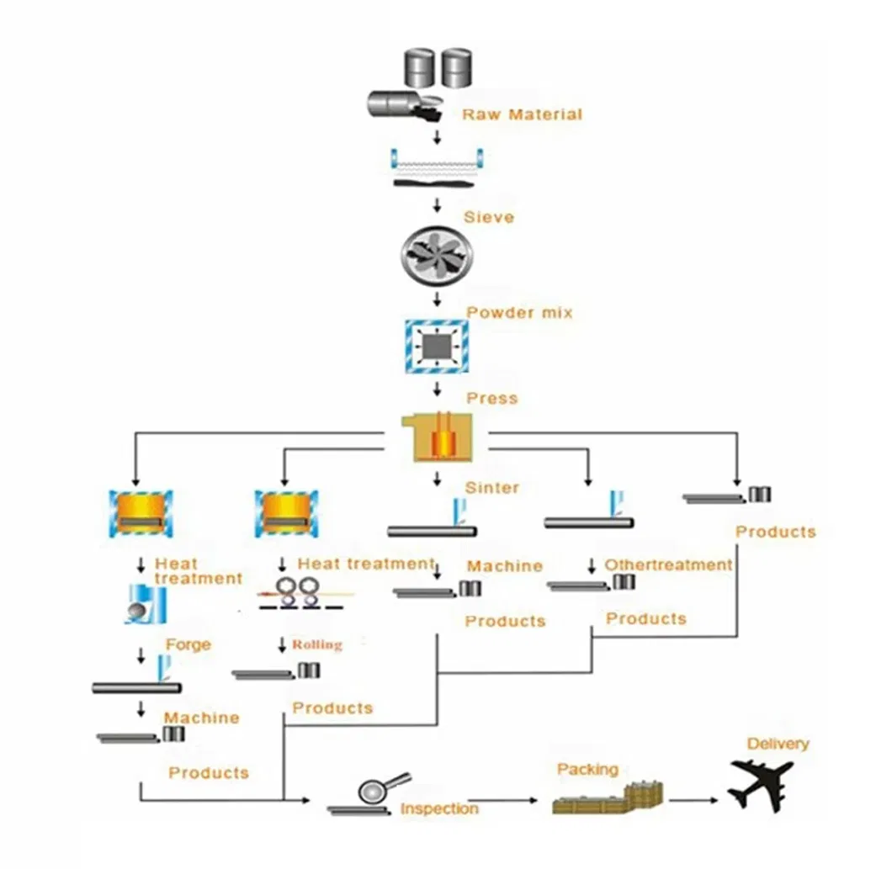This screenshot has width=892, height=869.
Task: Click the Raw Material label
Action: [521, 114]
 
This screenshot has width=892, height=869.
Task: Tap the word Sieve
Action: [488, 217]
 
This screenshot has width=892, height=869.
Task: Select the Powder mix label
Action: [519, 312]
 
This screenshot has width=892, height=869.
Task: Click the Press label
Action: [491, 398]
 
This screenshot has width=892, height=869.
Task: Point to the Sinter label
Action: [491, 487]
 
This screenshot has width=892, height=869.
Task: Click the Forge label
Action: [188, 644]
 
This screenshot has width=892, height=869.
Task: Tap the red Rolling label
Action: [317, 644]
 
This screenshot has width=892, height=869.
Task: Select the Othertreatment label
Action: [668, 564]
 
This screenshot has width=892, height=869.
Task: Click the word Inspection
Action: [439, 808]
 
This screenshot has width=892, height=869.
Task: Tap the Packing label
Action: [587, 769]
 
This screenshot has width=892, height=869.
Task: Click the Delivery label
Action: [778, 744]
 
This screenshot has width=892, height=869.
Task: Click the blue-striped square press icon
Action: [436, 347]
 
